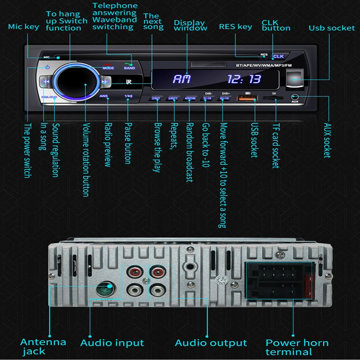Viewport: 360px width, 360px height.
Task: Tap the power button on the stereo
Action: point(46,68)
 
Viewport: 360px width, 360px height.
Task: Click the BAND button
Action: point(129,68)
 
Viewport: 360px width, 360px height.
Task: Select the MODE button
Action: point(108,68)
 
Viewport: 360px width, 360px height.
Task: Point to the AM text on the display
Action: point(182,80)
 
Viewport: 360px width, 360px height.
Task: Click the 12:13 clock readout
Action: point(244,80)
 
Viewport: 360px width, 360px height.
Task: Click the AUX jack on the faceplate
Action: point(295,97)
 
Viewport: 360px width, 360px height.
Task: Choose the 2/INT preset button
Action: point(156,98)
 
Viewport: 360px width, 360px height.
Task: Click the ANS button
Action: point(104,96)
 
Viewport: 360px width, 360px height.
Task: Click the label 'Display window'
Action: point(190,25)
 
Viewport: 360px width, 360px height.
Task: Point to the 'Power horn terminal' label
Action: point(297,347)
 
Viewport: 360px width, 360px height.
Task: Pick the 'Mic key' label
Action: point(24,27)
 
